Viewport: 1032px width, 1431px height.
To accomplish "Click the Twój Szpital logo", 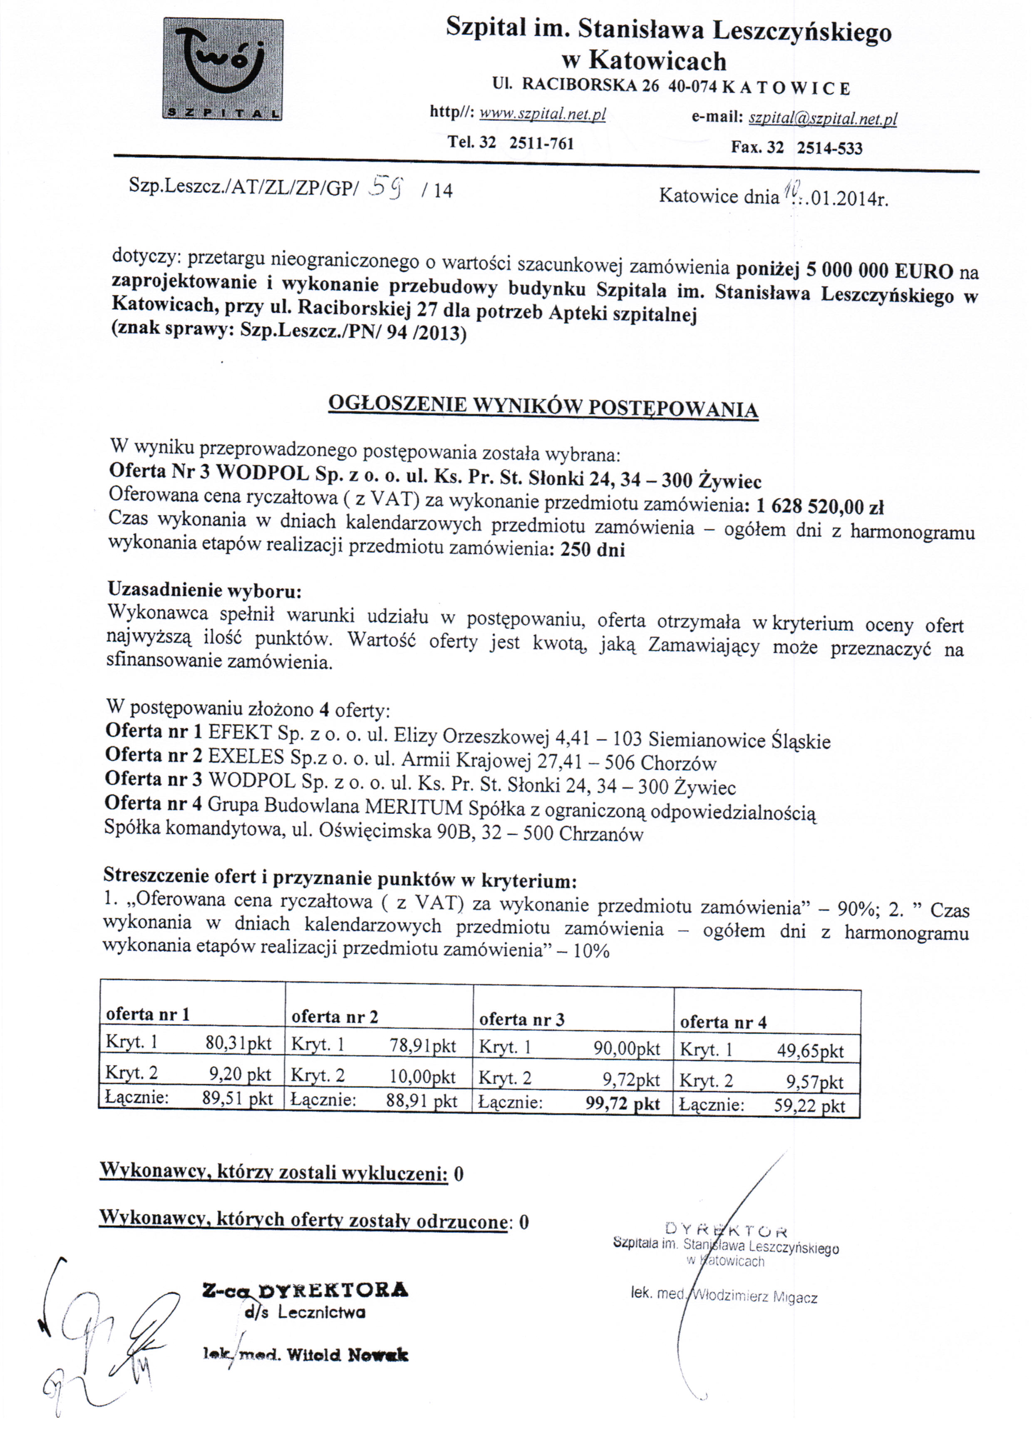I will [223, 70].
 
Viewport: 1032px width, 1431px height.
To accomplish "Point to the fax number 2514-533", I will [829, 148].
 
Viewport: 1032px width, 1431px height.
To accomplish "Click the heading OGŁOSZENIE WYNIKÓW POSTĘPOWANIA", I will [543, 406].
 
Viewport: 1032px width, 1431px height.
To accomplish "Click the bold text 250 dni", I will [592, 550].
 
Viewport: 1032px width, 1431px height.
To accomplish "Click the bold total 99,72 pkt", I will [623, 1104].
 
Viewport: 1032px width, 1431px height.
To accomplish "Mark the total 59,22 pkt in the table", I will [809, 1106].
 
